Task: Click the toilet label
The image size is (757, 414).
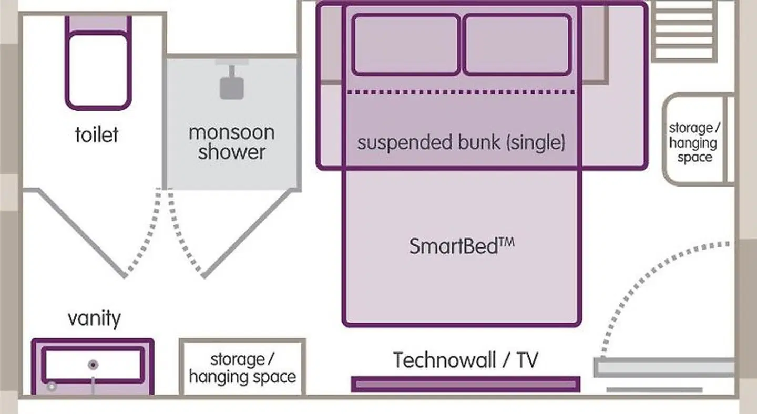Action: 97,134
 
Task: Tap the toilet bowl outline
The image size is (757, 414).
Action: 98,70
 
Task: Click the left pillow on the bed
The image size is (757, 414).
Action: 405,45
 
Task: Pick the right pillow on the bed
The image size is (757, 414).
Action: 517,45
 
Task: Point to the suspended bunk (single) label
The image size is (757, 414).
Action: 462,142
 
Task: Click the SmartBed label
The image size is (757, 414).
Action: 462,246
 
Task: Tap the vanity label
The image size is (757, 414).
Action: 94,319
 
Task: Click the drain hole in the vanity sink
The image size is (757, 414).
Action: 93,365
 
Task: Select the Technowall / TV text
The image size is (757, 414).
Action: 465,360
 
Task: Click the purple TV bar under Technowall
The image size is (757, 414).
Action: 466,384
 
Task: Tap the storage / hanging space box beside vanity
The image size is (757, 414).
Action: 243,367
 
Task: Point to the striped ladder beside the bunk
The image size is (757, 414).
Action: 684,31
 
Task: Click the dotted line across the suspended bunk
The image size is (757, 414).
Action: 462,92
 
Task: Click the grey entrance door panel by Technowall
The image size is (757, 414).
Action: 664,367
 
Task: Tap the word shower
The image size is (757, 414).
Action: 231,152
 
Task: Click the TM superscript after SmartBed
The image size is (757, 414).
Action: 507,243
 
